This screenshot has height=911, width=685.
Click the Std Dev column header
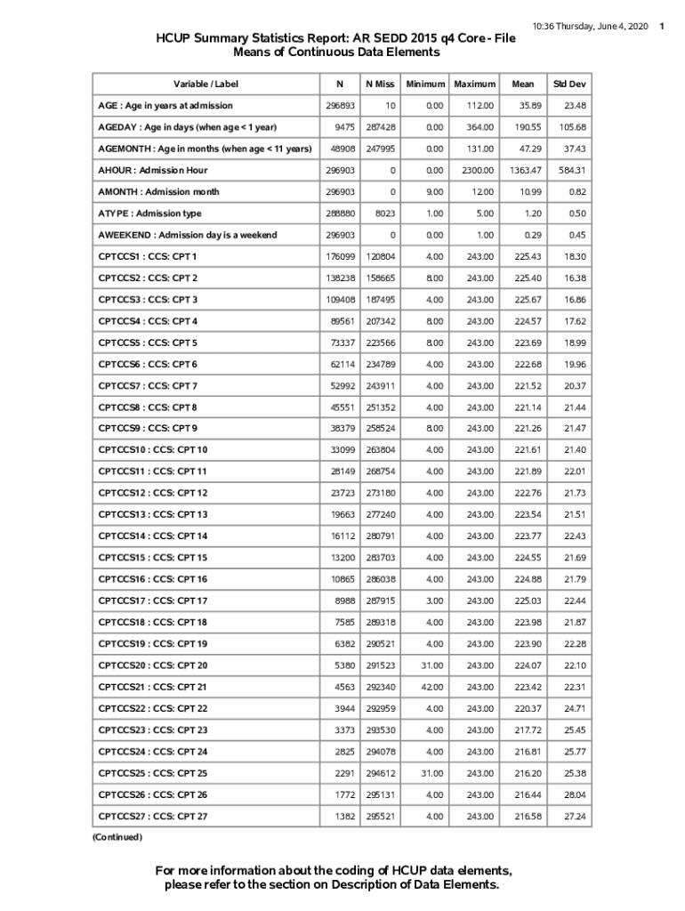pos(568,84)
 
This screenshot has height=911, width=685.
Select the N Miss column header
pos(380,84)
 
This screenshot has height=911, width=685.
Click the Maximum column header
pos(474,84)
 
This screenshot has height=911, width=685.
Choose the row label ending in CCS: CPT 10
pos(153,450)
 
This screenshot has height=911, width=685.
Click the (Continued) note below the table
pos(117,836)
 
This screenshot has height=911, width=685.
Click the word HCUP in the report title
pos(174,38)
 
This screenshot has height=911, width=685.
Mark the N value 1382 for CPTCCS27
pos(343,816)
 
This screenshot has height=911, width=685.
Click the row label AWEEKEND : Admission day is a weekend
pos(187,235)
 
